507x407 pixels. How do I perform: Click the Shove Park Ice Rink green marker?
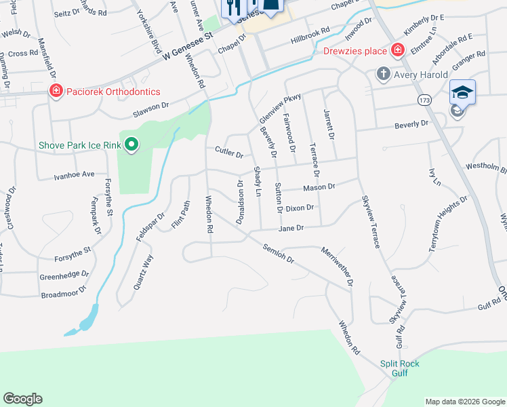[x=132, y=144]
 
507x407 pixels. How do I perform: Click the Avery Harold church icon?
[x=383, y=74]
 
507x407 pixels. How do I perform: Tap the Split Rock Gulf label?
[x=399, y=368]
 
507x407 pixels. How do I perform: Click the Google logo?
[x=22, y=399]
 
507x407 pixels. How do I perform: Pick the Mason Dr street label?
[x=319, y=187]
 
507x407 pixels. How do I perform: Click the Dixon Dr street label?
[x=300, y=208]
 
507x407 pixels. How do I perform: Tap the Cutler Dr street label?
[x=228, y=151]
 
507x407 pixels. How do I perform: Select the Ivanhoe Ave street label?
[x=74, y=174]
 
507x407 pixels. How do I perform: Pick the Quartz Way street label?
[x=141, y=271]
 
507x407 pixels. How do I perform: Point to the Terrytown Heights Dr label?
[x=448, y=225]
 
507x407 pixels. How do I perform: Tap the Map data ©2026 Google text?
[x=464, y=402]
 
